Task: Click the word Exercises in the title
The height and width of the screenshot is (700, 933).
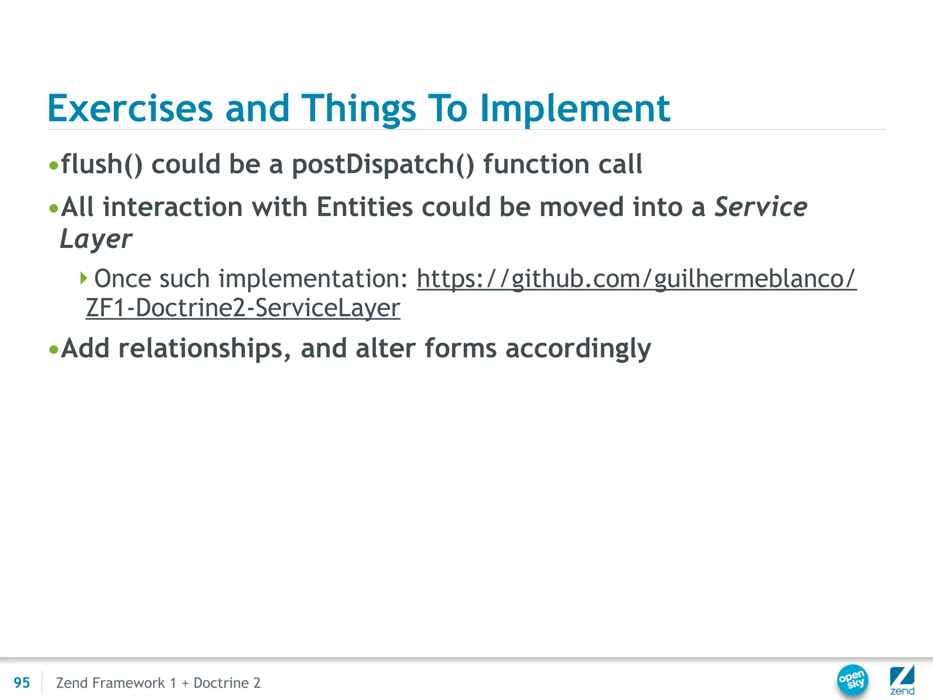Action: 130,108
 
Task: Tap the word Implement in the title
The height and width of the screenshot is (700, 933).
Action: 575,108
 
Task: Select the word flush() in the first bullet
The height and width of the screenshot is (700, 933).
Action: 102,164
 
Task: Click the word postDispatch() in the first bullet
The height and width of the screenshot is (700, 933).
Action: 383,164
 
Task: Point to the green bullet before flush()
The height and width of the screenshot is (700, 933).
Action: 54,165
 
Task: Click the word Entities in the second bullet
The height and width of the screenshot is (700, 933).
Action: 364,207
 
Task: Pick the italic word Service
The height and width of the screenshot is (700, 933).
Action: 761,207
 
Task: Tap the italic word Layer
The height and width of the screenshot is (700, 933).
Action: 96,239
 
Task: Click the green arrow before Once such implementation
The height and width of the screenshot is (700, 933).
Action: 83,278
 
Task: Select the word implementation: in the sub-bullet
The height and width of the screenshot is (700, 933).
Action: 313,278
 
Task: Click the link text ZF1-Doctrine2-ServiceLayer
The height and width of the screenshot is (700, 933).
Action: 243,308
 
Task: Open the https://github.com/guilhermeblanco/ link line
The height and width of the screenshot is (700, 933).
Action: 636,278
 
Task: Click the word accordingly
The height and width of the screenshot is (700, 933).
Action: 578,349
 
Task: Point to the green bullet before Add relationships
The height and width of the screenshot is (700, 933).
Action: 54,350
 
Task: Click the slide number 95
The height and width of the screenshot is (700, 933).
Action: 21,683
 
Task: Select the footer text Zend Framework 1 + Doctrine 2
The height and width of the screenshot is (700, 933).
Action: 158,683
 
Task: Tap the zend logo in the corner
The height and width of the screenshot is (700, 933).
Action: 902,680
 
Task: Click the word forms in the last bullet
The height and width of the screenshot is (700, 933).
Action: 460,349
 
